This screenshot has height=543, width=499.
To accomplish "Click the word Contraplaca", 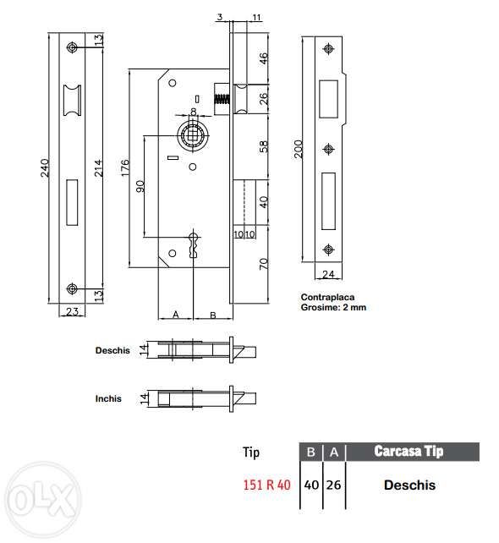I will click(x=326, y=298).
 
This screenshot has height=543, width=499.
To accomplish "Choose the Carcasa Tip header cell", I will click(x=409, y=452).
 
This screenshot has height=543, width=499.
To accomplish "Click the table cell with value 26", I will click(x=334, y=485).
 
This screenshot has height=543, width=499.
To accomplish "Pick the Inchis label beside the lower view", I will click(x=108, y=398).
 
